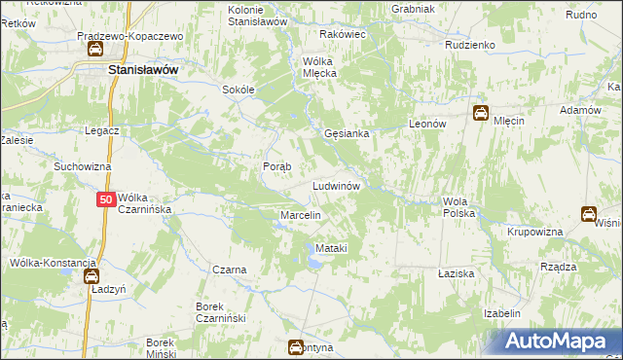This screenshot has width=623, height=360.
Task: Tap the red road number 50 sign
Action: click(x=107, y=199)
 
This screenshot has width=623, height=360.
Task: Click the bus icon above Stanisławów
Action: click(x=94, y=50)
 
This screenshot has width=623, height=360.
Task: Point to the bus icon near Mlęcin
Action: click(x=481, y=113)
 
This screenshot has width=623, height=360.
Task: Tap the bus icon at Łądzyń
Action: click(x=91, y=276)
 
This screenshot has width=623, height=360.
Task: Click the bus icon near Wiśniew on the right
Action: click(x=589, y=214)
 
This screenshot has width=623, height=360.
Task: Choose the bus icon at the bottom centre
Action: click(x=295, y=346)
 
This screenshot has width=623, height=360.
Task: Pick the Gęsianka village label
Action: click(x=346, y=134)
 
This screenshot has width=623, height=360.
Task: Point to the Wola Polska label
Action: click(x=458, y=206)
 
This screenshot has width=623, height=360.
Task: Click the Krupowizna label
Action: click(x=535, y=233)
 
